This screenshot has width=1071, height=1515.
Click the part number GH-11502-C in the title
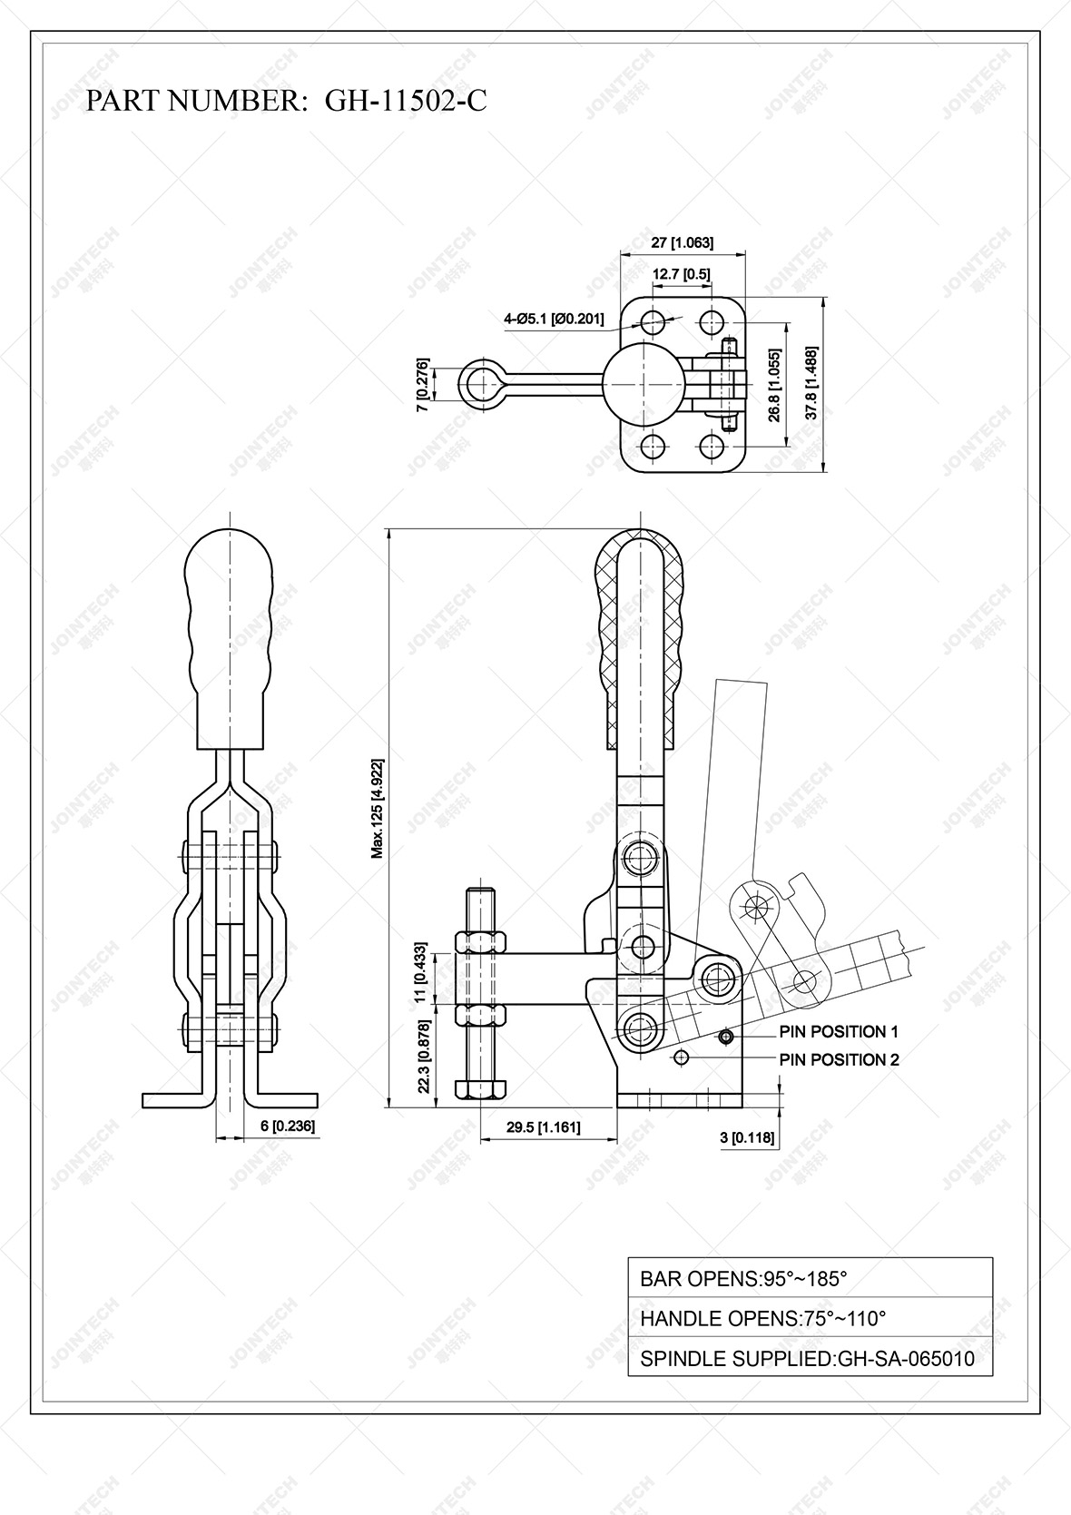coord(406,101)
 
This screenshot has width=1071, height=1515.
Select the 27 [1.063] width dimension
coord(683,242)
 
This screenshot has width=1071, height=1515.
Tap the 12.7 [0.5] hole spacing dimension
coord(681,273)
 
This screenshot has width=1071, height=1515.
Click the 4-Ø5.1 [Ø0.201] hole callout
coord(554,318)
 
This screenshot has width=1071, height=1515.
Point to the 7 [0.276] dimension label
coord(421,385)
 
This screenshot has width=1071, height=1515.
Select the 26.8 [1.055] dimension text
coord(774,385)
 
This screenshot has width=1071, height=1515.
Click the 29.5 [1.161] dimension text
coord(543,1127)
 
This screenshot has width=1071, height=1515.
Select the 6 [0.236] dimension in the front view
coord(287,1126)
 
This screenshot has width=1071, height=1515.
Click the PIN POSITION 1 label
coord(838,1031)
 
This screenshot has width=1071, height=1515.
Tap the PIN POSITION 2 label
coord(839,1059)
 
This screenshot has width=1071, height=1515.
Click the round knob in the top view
coord(643,384)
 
